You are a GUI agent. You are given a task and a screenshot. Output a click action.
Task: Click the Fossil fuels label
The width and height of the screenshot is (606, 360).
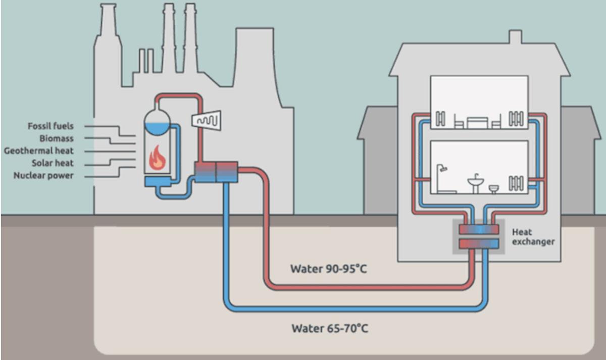tap(50, 126)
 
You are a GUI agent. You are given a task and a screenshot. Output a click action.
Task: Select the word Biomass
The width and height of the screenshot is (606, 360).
tap(57, 138)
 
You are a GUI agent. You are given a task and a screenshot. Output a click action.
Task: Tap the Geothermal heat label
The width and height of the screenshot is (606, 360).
tap(39, 151)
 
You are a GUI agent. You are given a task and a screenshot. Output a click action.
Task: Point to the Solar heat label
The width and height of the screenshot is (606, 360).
tap(53, 163)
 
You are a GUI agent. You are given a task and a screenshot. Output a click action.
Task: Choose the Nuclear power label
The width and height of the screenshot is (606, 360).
tap(43, 176)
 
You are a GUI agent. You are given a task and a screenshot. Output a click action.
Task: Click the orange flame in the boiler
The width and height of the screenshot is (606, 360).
tap(157, 158)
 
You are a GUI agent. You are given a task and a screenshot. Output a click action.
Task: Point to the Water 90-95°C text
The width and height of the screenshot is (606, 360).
tap(328, 269)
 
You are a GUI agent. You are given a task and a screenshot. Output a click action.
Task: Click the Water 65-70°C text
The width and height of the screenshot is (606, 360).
tap(330, 329)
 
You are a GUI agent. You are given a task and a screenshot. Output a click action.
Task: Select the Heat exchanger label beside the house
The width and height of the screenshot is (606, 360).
tap(533, 237)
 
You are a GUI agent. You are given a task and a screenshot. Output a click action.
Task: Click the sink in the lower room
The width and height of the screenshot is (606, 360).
tap(475, 183)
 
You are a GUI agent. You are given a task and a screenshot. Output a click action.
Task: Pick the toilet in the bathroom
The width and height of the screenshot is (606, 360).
tap(494, 188)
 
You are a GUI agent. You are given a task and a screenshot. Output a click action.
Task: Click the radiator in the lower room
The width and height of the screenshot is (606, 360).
tap(516, 182)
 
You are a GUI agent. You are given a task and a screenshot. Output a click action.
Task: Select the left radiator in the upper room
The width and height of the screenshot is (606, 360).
tap(440, 119)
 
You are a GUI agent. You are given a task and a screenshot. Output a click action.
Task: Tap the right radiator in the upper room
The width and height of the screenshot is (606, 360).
tap(516, 119)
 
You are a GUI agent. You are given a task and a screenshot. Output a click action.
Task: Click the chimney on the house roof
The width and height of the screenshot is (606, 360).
tap(515, 37)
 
